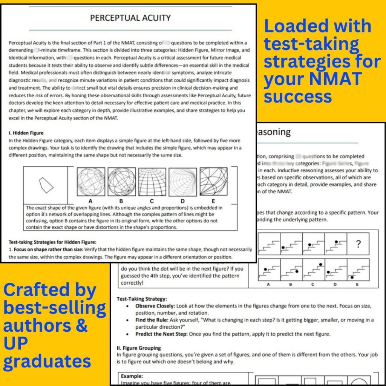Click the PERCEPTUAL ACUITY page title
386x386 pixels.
pos(130,18)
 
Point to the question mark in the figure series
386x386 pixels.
pos(358,244)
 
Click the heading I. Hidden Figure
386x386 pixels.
pos(26,133)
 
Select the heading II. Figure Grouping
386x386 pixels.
pos(139,348)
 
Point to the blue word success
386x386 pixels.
pos(298,96)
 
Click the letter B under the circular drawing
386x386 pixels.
pos(121,201)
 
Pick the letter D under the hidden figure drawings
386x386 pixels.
pos(182,201)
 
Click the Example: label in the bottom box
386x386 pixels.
pos(132,376)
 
